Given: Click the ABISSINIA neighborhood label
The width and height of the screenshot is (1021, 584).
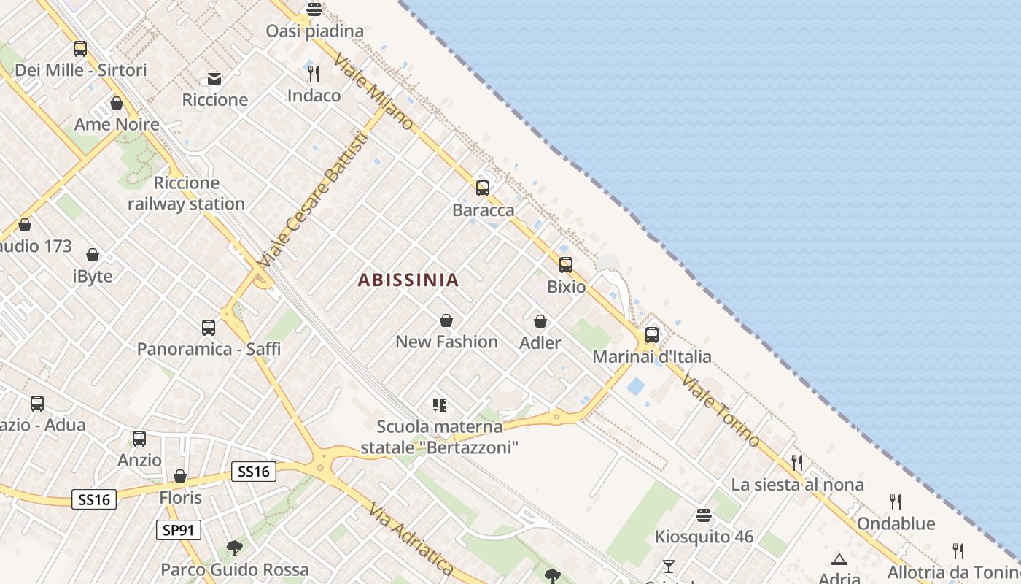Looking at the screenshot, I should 408,280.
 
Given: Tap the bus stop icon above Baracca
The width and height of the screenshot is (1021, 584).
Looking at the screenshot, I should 482,188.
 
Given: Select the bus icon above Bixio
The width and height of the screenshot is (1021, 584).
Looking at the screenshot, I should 566,265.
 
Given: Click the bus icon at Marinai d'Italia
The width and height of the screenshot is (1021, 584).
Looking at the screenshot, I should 652,335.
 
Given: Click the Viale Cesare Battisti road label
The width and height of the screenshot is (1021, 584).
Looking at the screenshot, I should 311,199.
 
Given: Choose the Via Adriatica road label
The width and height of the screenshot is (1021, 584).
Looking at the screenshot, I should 411,538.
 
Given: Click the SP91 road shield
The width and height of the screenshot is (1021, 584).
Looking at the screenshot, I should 179,530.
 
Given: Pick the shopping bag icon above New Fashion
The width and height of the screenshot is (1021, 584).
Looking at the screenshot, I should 446,320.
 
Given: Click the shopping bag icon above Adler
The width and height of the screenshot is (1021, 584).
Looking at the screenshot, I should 540,321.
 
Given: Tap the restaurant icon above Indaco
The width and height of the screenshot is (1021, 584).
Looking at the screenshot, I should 314,74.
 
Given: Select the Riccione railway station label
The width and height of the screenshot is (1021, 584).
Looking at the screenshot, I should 186,193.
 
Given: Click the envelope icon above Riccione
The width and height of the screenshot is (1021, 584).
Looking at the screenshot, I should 214,78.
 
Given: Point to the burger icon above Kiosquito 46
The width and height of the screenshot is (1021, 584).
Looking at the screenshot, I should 704,515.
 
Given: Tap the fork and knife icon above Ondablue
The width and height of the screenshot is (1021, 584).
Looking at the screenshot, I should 896,502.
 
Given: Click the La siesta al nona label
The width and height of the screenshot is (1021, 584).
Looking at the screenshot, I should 797,485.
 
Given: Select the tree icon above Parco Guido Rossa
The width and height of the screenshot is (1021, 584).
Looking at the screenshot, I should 234,547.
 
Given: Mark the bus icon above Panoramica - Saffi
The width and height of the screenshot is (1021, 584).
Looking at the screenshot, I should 209,328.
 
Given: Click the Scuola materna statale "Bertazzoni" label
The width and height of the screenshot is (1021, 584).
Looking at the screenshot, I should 439,437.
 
